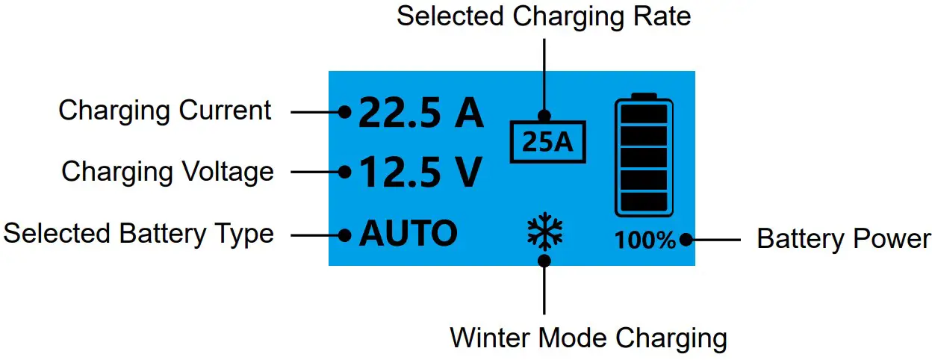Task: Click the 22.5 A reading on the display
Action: point(422,113)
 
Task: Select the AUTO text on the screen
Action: point(408,234)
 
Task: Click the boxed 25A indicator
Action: point(548,142)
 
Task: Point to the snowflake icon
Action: point(545,232)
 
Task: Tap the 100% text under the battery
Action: point(645,240)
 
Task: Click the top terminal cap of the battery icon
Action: point(643,96)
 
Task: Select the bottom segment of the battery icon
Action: point(643,202)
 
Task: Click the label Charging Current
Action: point(165,111)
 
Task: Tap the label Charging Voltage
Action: point(167,172)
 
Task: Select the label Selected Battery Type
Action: point(139,234)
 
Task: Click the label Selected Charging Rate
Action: point(544,16)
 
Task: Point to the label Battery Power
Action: point(843,239)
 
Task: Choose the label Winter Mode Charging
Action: point(588,338)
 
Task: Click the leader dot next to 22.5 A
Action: point(344,113)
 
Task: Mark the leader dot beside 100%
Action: point(684,240)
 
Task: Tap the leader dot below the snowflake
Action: point(545,260)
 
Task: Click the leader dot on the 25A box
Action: point(544,116)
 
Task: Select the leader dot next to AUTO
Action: point(344,235)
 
